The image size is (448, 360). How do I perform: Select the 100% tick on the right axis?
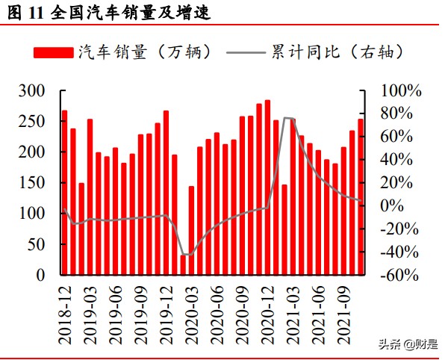click(401, 91)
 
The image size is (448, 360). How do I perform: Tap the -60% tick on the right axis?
click(401, 275)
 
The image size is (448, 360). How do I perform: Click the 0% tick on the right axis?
click(392, 205)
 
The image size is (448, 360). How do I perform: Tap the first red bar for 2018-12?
click(65, 193)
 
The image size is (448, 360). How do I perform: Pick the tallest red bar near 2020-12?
click(267, 187)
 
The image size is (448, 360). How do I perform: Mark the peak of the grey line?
click(287, 118)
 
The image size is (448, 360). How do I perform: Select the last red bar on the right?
click(360, 196)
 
